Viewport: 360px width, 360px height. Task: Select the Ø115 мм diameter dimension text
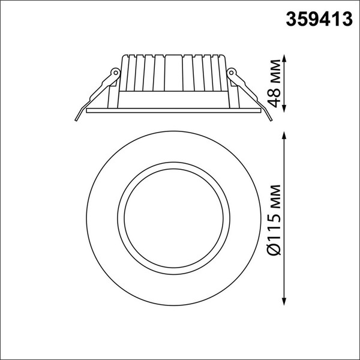pos(274,219)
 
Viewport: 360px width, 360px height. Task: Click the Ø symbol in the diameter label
pos(274,249)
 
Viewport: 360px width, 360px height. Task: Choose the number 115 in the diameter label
pos(274,226)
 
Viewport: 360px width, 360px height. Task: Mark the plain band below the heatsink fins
pos(174,100)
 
